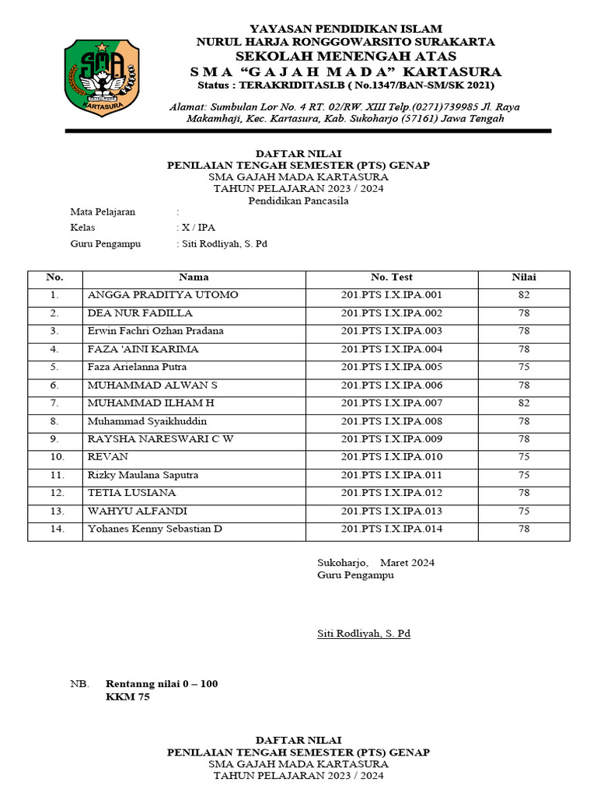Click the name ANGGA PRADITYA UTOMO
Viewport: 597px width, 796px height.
[x=163, y=295]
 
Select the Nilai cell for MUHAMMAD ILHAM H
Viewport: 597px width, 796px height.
[x=523, y=403]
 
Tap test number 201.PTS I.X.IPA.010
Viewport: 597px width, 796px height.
[x=391, y=457]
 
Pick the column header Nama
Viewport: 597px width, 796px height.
[x=194, y=278]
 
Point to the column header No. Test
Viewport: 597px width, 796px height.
[x=391, y=278]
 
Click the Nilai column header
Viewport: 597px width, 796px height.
[x=523, y=278]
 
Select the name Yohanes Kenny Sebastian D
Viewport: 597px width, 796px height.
[x=155, y=529]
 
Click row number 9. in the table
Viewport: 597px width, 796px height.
[x=54, y=439]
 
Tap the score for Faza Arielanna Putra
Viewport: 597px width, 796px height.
[x=523, y=367]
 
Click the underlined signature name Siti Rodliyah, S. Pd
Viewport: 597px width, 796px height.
[x=363, y=634]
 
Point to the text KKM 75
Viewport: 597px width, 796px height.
[x=127, y=697]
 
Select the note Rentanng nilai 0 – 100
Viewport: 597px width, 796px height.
[x=162, y=684]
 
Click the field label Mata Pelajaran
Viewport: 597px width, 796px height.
[x=103, y=211]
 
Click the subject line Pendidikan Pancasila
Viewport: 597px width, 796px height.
[x=298, y=201]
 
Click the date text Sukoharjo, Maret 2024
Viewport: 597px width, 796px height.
[x=375, y=563]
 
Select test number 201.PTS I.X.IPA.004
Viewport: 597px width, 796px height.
[x=391, y=349]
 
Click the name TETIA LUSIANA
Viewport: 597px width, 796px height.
[x=132, y=493]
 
